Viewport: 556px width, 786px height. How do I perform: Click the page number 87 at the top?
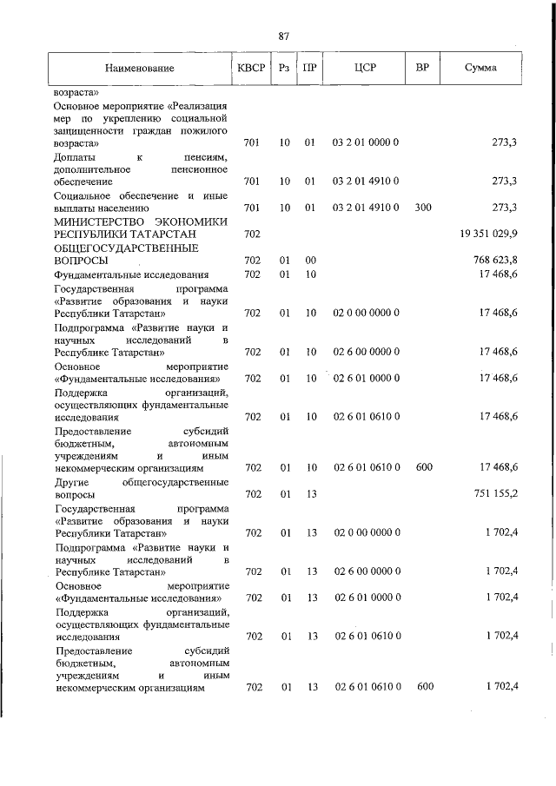click(283, 36)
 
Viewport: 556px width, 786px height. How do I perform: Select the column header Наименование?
click(139, 68)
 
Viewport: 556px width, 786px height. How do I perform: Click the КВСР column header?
click(252, 68)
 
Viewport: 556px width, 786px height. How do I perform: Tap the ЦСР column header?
click(365, 68)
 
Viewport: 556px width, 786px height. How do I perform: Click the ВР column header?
click(423, 68)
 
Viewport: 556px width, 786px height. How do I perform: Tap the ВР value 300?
click(423, 208)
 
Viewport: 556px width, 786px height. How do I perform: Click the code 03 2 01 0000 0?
click(365, 141)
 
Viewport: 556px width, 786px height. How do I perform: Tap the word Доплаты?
click(75, 157)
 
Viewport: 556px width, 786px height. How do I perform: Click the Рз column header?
click(284, 68)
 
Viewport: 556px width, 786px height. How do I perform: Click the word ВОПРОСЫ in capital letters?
click(82, 261)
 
